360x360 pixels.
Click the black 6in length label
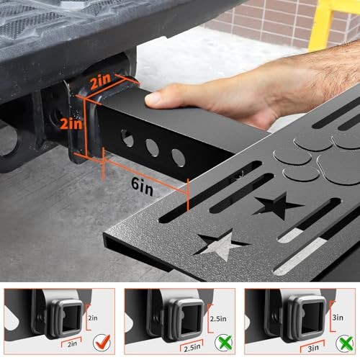pyautogui.click(x=142, y=186)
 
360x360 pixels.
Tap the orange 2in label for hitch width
pyautogui.click(x=101, y=81)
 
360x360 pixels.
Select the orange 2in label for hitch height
pyautogui.click(x=71, y=124)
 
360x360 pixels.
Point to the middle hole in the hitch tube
pyautogui.click(x=152, y=148)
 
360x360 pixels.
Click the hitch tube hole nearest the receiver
pyautogui.click(x=127, y=138)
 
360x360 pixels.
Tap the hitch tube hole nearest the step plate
pyautogui.click(x=179, y=158)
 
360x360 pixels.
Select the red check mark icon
pyautogui.click(x=102, y=342)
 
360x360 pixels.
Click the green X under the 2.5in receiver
pyautogui.click(x=224, y=343)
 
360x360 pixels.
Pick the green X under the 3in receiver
pyautogui.click(x=345, y=343)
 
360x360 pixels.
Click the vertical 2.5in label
pyautogui.click(x=218, y=319)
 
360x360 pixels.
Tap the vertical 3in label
pyautogui.click(x=338, y=318)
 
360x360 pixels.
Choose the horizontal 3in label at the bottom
pyautogui.click(x=313, y=348)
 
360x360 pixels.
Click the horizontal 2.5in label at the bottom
pyautogui.click(x=192, y=348)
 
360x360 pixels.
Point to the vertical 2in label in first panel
pyautogui.click(x=93, y=318)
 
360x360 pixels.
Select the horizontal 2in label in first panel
pyautogui.click(x=72, y=344)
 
